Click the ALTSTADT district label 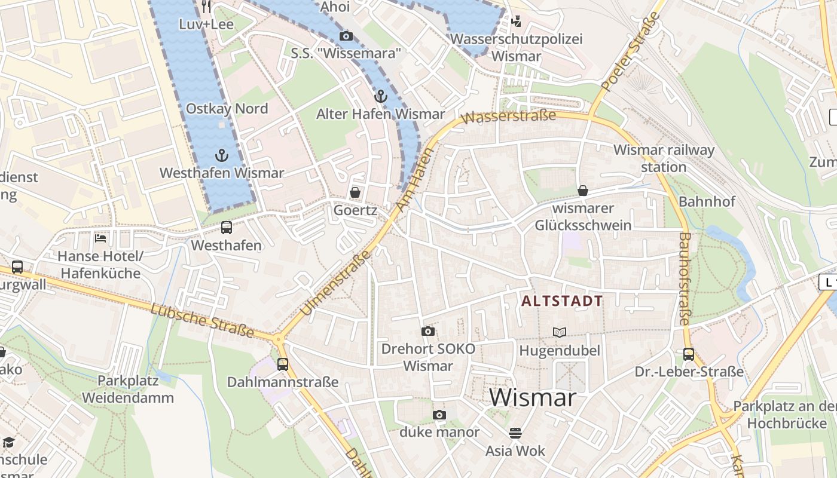(561, 301)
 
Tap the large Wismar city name (533, 398)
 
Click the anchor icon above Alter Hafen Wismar (380, 96)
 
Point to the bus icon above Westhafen (226, 228)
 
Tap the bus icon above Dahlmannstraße (283, 364)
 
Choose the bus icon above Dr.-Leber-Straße (689, 354)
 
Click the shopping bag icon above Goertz (355, 192)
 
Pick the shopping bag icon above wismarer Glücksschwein (583, 191)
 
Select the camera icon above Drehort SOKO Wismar (428, 331)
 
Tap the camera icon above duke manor (439, 415)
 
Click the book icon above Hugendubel (560, 332)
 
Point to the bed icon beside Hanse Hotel (100, 238)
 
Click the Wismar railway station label (664, 158)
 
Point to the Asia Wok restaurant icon (515, 433)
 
